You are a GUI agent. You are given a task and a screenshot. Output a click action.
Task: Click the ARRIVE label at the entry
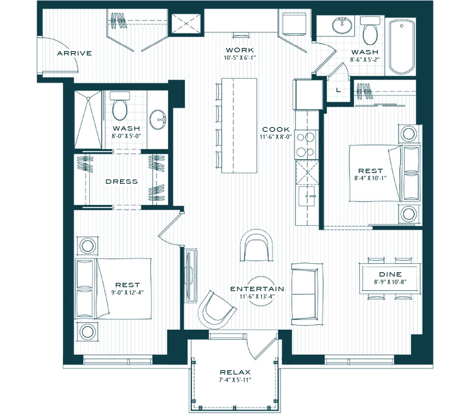[x=74, y=53]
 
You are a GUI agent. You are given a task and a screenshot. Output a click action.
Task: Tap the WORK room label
[x=240, y=50]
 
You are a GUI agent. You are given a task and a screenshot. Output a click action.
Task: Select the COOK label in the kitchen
[x=276, y=129]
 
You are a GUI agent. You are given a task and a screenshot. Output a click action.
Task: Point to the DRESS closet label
[x=122, y=182]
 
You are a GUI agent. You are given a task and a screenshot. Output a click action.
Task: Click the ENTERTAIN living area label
[x=257, y=289]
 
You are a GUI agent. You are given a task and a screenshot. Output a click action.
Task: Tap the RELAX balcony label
[x=235, y=372]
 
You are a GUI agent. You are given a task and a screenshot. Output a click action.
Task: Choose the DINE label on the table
[x=390, y=274]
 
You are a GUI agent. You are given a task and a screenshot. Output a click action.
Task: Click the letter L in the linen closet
[x=338, y=90]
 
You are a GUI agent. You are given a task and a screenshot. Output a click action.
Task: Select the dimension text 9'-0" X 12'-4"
[x=127, y=292]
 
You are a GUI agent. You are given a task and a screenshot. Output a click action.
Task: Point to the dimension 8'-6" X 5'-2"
[x=365, y=59]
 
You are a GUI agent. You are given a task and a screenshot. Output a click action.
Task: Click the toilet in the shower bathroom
[x=120, y=106]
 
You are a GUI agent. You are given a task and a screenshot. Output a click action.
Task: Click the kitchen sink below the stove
[x=307, y=196]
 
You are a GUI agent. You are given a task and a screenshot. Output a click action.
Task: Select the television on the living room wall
[x=190, y=276]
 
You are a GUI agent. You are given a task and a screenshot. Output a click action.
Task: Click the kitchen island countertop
[x=239, y=125]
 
